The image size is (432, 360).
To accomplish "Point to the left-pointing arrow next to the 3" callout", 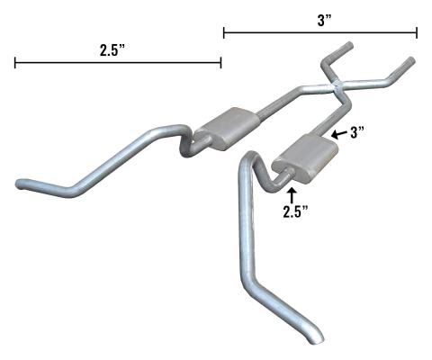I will click(x=337, y=133).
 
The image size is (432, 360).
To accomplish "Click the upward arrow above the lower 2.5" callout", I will click(x=291, y=191).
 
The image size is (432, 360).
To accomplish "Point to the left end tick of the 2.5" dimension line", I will click(x=14, y=62).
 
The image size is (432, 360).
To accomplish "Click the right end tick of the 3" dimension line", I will click(x=418, y=33).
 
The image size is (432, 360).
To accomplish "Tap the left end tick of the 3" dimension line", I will click(x=223, y=33).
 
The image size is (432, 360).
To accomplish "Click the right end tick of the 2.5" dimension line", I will click(x=221, y=62).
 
